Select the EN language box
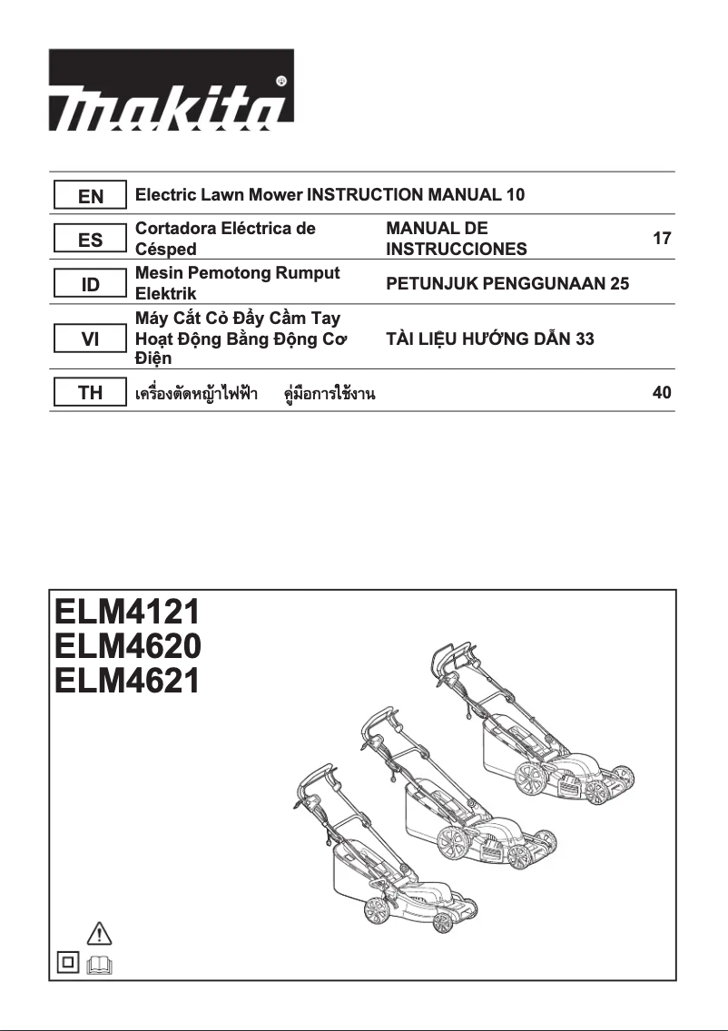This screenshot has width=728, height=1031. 90,195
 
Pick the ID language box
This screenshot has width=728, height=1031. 90,285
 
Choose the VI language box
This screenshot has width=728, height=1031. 90,339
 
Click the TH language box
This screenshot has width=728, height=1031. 90,393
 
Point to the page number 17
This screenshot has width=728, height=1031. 662,239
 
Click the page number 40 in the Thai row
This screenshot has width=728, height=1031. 662,393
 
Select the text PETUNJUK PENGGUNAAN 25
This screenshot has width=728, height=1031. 507,284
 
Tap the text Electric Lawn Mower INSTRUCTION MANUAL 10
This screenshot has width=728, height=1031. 330,194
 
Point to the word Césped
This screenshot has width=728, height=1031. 165,249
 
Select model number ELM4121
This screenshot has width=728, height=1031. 126,610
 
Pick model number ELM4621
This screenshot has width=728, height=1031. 126,681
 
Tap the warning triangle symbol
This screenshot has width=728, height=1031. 100,932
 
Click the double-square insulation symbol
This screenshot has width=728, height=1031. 67,964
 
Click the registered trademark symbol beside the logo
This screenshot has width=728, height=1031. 281,81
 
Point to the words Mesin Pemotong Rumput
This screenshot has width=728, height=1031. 237,273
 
